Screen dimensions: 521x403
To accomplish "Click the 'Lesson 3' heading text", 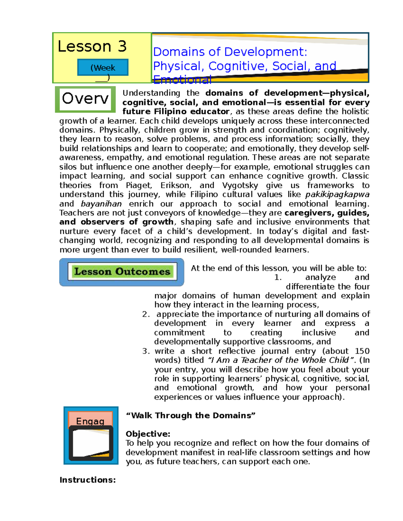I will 92,46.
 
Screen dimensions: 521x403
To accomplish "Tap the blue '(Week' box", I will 103,67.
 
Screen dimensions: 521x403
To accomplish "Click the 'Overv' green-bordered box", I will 85,99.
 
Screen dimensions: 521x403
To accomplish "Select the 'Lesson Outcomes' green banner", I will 122,271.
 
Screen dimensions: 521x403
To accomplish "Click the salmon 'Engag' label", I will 90,421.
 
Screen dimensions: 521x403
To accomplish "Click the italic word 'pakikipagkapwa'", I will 337,195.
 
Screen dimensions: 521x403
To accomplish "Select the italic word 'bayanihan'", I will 101,204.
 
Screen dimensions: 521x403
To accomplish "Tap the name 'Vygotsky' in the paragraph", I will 240,186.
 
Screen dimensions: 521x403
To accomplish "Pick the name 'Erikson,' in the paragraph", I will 176,186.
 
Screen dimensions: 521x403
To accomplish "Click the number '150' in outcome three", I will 362,351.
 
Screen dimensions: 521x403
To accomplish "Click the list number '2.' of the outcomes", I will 146,314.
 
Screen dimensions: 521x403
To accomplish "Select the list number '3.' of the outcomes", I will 146,351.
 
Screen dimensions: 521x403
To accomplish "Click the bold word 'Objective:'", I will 148,434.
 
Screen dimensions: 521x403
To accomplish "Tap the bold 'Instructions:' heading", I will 87,480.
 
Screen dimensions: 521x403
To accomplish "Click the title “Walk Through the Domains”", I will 190,416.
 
